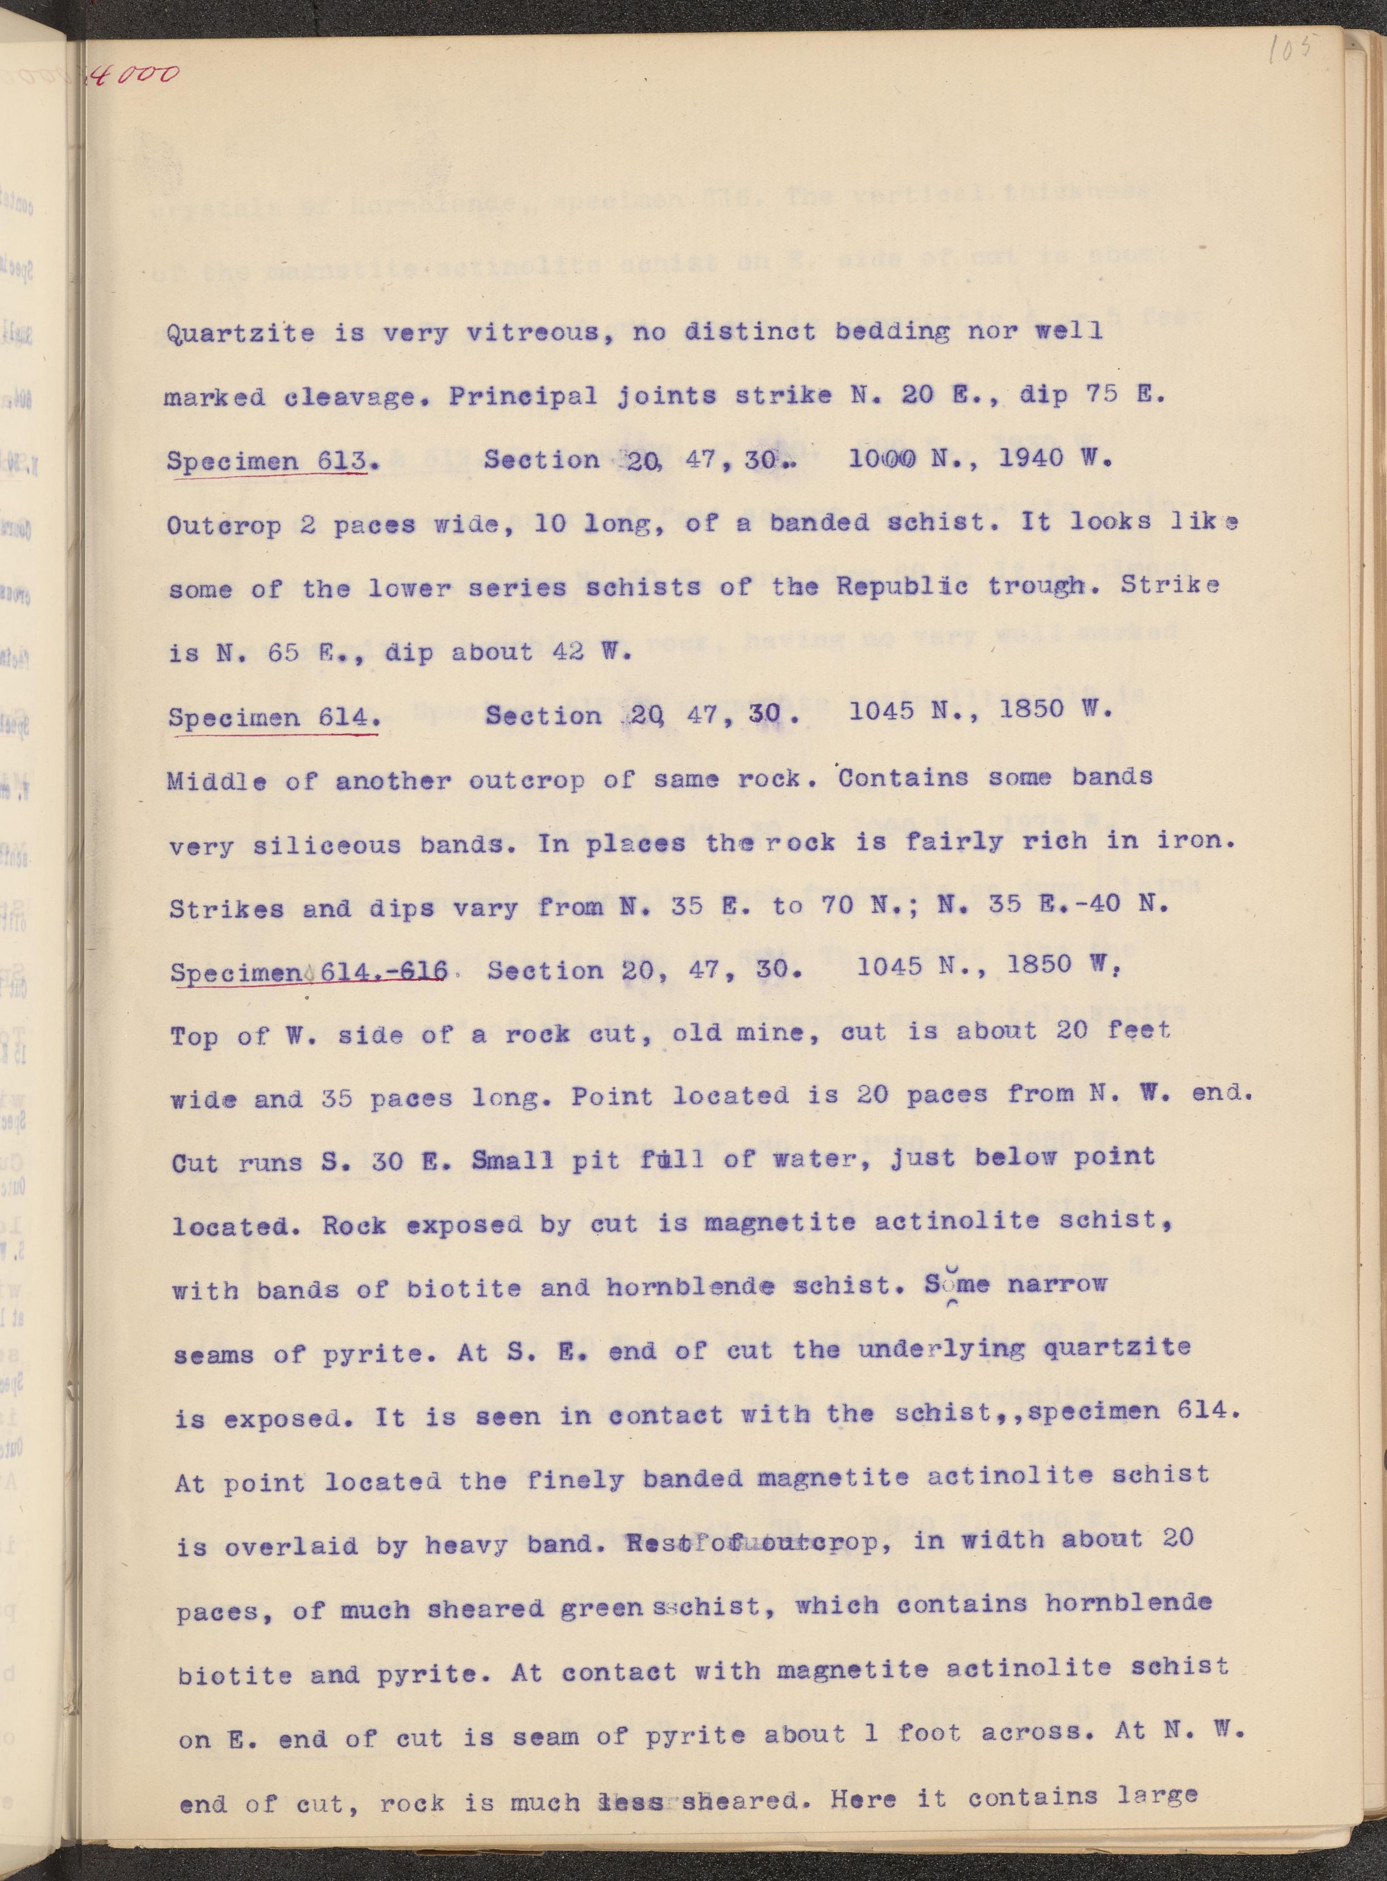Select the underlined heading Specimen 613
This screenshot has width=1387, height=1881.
coord(267,461)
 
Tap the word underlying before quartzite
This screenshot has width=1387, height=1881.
coord(941,1350)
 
